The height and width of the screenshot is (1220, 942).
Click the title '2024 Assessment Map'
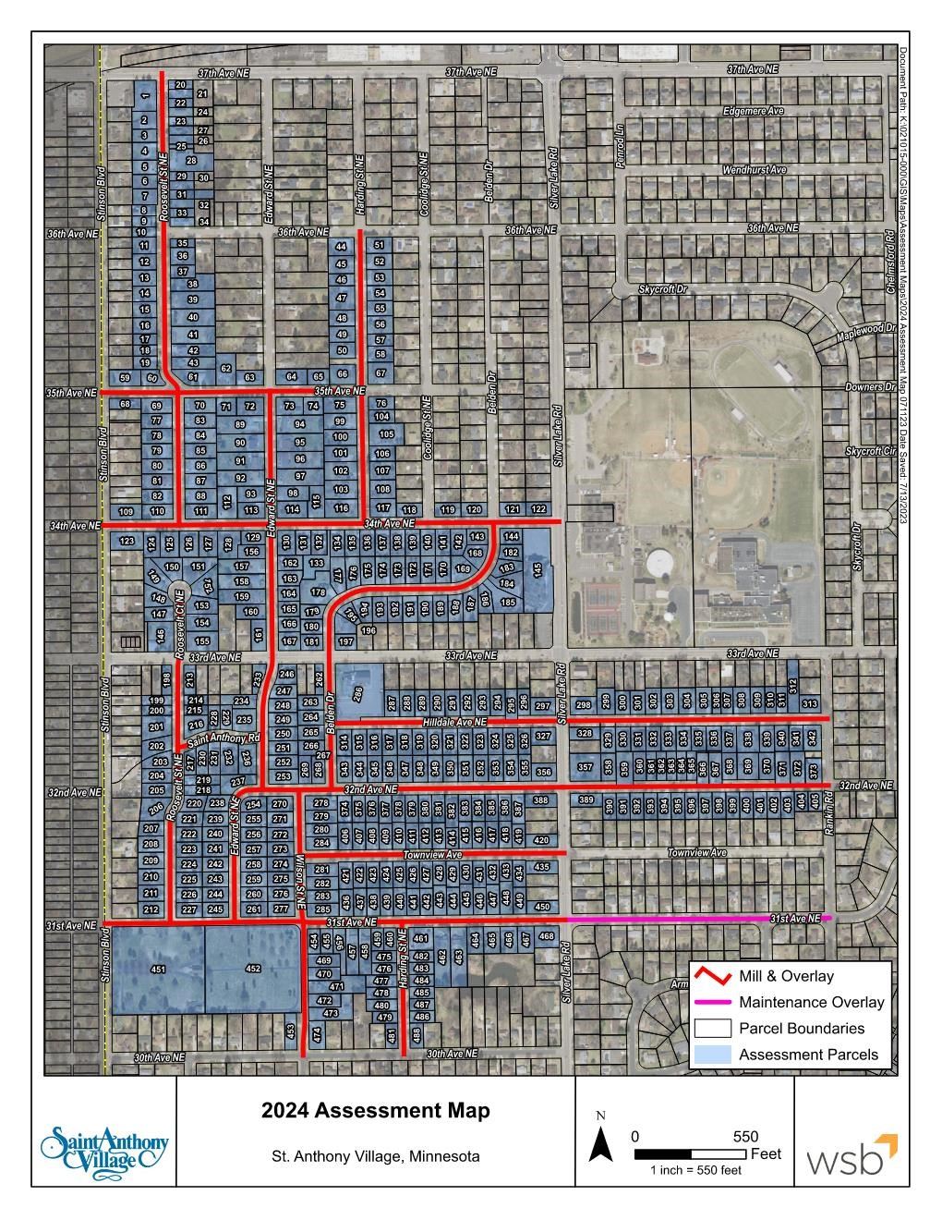click(375, 1110)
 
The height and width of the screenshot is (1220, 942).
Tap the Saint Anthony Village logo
click(103, 1146)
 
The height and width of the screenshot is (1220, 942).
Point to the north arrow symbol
click(601, 1146)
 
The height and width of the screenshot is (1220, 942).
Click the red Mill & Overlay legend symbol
click(713, 976)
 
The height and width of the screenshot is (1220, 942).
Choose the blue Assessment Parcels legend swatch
click(713, 1055)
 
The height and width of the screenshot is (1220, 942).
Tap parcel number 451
click(158, 969)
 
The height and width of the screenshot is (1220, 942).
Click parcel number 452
click(253, 969)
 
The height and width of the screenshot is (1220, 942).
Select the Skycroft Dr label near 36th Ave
click(664, 289)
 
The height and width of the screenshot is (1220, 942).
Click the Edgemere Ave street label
click(753, 111)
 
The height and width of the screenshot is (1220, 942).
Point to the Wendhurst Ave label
click(754, 170)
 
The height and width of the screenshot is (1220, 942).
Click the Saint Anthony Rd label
click(224, 740)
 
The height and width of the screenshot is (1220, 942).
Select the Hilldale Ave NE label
click(454, 721)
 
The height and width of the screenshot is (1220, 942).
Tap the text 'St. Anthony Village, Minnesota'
click(375, 1156)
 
